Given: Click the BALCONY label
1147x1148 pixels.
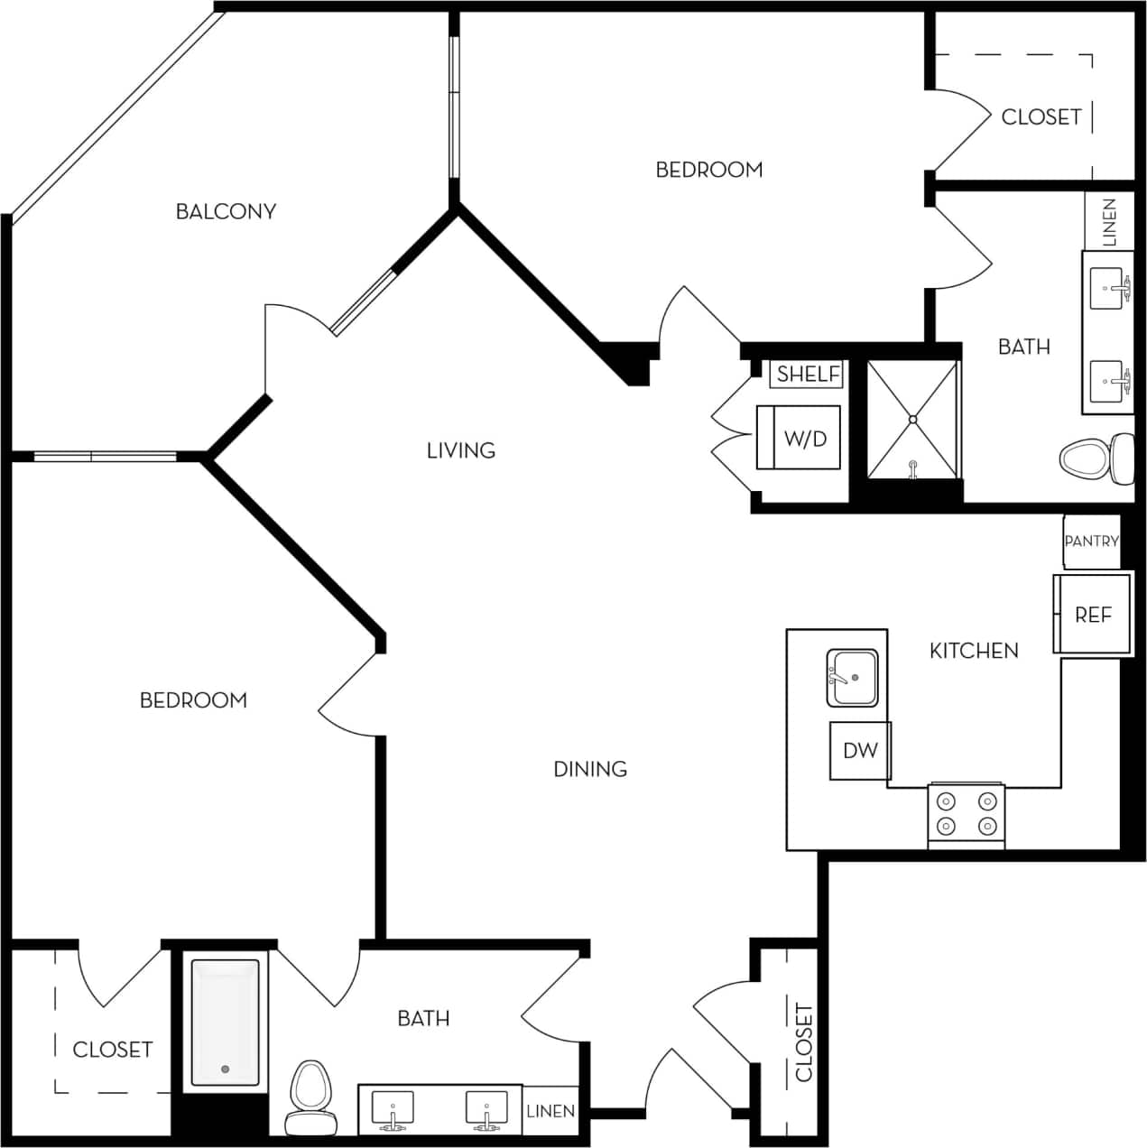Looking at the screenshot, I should pyautogui.click(x=226, y=211).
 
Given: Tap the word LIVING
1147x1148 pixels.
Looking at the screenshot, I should pyautogui.click(x=460, y=449).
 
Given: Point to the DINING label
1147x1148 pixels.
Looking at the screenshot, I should pyautogui.click(x=589, y=768).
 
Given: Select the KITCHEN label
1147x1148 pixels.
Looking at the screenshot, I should pyautogui.click(x=974, y=650).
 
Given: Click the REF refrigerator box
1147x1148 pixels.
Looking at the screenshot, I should pyautogui.click(x=1093, y=615).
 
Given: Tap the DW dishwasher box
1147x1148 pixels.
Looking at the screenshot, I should pyautogui.click(x=860, y=750).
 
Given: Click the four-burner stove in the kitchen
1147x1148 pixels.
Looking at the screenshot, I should pyautogui.click(x=967, y=814).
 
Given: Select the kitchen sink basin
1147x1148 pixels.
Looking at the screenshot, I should pyautogui.click(x=853, y=678).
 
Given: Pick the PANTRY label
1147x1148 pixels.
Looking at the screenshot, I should pyautogui.click(x=1091, y=541).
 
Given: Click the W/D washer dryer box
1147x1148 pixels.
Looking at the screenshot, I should pyautogui.click(x=805, y=439).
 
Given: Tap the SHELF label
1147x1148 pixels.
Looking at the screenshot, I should pyautogui.click(x=808, y=374).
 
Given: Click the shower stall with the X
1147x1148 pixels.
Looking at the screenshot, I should pyautogui.click(x=912, y=419).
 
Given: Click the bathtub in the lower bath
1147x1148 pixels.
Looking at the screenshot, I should pyautogui.click(x=226, y=1022).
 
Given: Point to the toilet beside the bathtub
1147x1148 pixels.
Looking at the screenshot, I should pyautogui.click(x=310, y=1097).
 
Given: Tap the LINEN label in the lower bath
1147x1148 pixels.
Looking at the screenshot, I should pyautogui.click(x=550, y=1110).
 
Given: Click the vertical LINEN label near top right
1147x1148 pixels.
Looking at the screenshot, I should pyautogui.click(x=1109, y=222).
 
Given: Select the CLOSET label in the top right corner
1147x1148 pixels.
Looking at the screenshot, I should pyautogui.click(x=1041, y=116).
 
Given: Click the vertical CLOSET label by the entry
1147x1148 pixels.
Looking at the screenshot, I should pyautogui.click(x=803, y=1042).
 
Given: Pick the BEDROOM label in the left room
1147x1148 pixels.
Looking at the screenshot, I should pyautogui.click(x=193, y=699).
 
